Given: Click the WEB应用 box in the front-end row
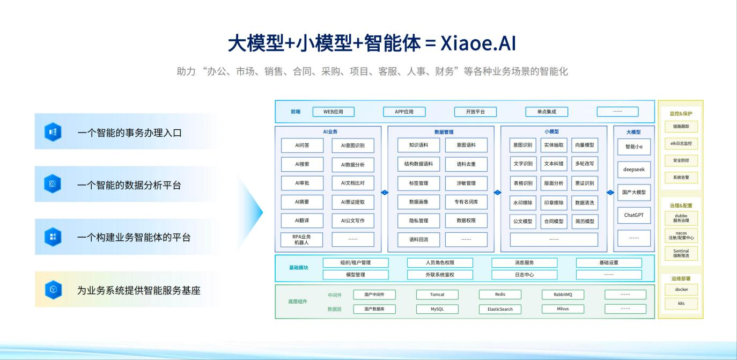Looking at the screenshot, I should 333,112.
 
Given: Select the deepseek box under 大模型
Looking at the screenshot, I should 634,170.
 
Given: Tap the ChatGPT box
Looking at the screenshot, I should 634,215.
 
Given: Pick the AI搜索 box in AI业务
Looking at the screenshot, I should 302,164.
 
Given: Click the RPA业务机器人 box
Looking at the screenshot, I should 302,240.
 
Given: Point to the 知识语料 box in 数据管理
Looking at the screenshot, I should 418,145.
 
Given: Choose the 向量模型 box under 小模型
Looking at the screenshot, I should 584,145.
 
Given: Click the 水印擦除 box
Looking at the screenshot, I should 523,203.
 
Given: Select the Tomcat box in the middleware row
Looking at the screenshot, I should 437,295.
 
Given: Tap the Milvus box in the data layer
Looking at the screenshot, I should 563,309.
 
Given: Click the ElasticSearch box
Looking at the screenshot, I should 500,309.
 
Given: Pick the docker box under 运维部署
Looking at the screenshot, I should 681,289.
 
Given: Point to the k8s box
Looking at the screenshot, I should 681,304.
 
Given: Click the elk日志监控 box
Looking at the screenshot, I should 681,143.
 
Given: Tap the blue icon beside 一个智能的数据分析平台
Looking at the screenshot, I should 53,185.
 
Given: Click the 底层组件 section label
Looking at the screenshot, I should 298,302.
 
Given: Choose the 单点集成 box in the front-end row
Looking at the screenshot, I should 547,112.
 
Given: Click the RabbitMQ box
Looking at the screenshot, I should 563,295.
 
